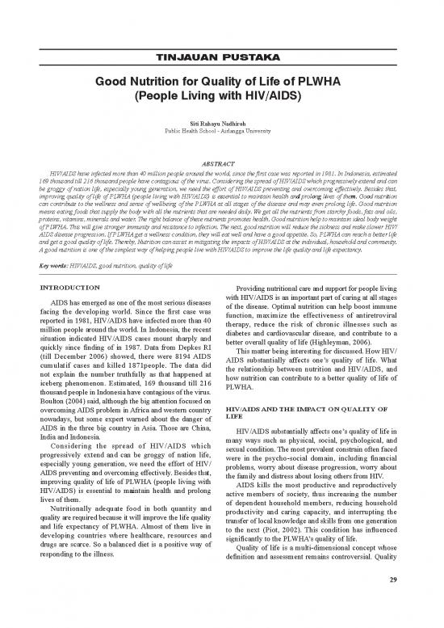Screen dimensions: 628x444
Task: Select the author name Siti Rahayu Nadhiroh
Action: point(222,120)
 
